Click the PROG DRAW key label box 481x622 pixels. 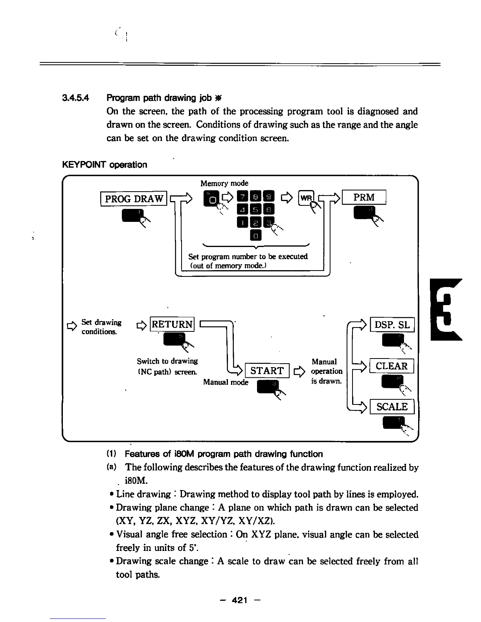point(134,199)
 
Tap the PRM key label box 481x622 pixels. point(364,197)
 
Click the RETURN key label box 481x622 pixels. point(173,324)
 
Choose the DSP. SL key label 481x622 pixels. point(392,325)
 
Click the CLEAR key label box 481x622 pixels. point(391,366)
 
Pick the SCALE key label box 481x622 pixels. point(392,407)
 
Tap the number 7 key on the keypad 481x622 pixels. point(243,197)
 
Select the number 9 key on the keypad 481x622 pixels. point(268,197)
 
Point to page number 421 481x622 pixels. point(240,600)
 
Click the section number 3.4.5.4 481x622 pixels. point(76,98)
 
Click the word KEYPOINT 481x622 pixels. point(84,165)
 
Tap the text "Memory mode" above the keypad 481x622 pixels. point(224,183)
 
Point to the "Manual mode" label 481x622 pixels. point(226,382)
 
